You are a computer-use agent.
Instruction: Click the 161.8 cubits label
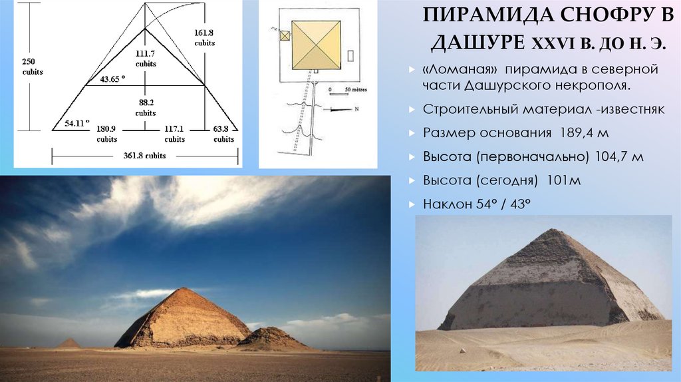(204, 37)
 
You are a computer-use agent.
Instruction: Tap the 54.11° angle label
(77, 124)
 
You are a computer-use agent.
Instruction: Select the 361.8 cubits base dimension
(145, 155)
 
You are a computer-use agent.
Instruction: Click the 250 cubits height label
(31, 67)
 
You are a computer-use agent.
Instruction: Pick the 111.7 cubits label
(146, 58)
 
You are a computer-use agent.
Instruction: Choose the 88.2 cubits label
(145, 107)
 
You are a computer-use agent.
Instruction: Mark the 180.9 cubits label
(106, 134)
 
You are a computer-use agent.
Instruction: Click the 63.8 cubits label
(223, 134)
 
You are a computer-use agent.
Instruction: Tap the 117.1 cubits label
(175, 134)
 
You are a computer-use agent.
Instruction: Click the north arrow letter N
(356, 108)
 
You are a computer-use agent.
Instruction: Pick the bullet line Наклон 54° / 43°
(476, 204)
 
